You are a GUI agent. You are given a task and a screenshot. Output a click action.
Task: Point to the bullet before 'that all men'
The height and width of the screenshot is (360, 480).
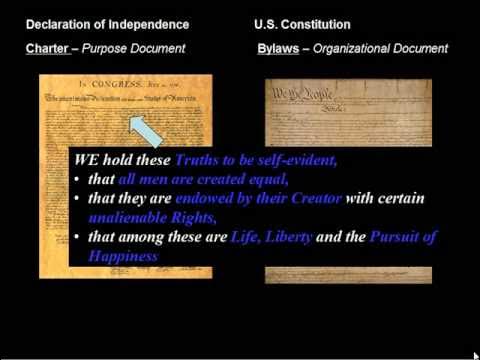point(77,180)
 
